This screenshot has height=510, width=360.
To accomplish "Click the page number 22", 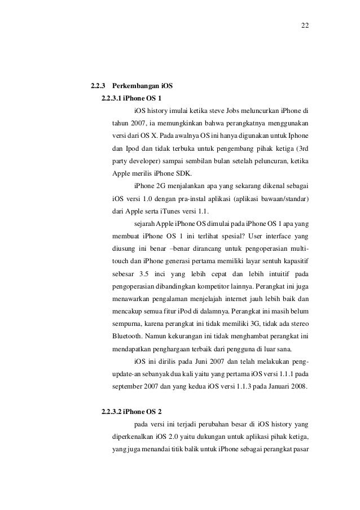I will click(x=305, y=25).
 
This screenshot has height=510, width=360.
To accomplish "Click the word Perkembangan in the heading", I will click(x=135, y=86).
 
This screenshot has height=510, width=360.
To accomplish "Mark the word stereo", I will click(x=298, y=320).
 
